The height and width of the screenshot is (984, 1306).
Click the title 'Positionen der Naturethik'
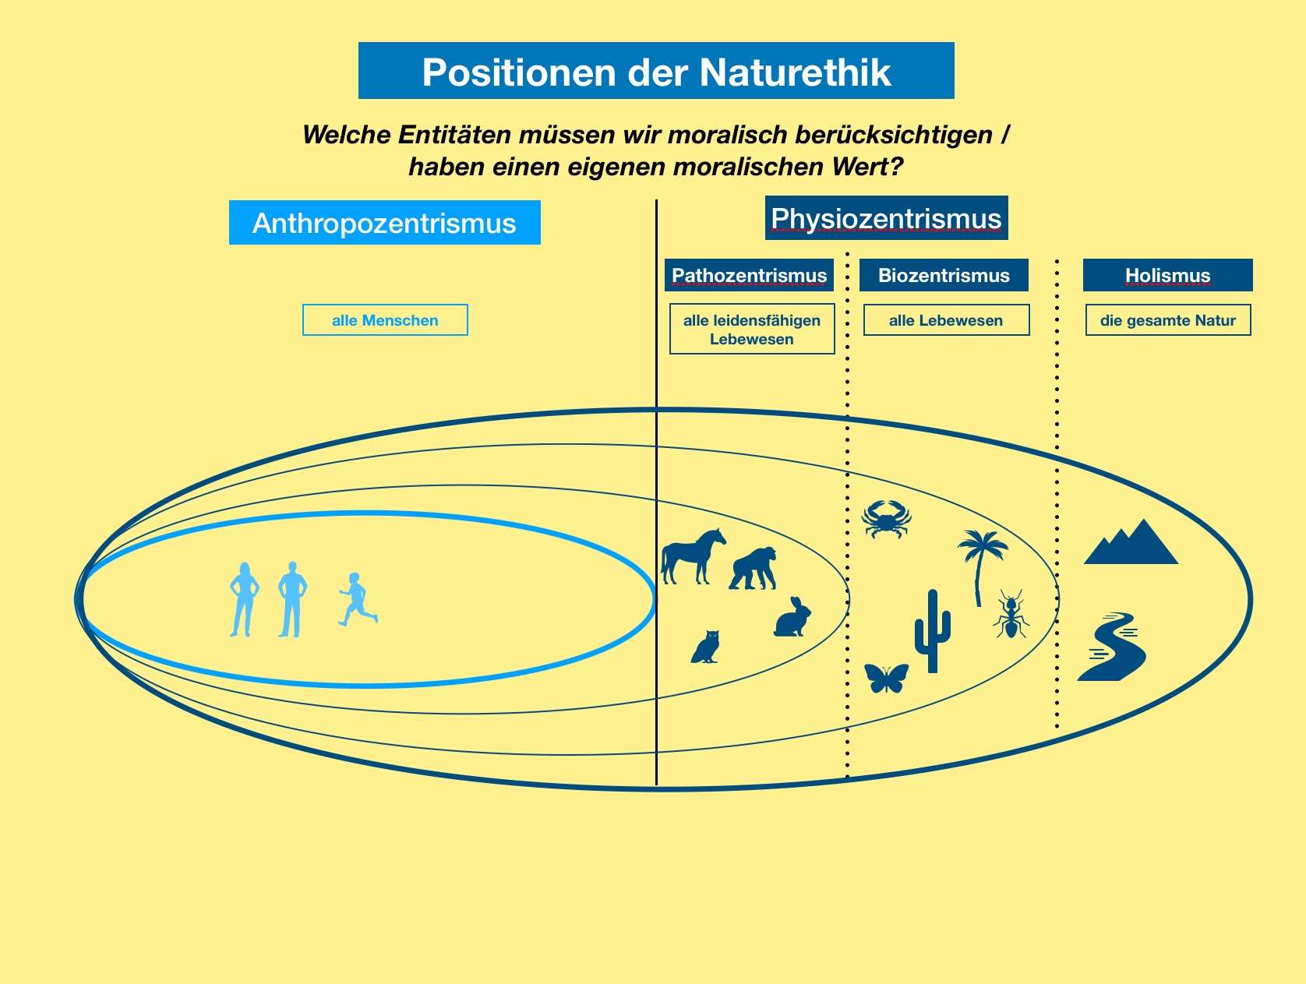point(656,72)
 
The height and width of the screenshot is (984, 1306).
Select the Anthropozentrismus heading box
point(384,223)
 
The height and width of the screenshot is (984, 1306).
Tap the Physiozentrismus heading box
point(886,218)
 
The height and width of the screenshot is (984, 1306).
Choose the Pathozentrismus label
point(749,275)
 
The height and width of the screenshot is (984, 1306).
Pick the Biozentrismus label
point(944,275)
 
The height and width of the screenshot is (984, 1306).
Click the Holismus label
point(1167,275)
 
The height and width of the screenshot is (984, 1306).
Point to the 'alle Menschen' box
point(385,320)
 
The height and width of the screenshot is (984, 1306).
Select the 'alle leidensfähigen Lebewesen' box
point(752,329)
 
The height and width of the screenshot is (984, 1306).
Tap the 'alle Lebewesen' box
point(946,320)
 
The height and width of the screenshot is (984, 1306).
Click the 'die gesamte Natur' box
point(1168,320)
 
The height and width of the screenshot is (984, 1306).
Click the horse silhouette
point(692,555)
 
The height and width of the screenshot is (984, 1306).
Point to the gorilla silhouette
point(754,569)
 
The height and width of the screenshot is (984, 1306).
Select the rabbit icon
point(793,618)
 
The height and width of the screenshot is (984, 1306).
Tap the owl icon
point(706,647)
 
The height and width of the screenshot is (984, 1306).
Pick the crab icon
point(886,518)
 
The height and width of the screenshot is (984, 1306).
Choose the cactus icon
point(932,630)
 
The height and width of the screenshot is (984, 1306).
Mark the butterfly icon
point(886,678)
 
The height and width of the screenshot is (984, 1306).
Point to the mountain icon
point(1131,542)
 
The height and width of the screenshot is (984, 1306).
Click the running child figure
point(357,600)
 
